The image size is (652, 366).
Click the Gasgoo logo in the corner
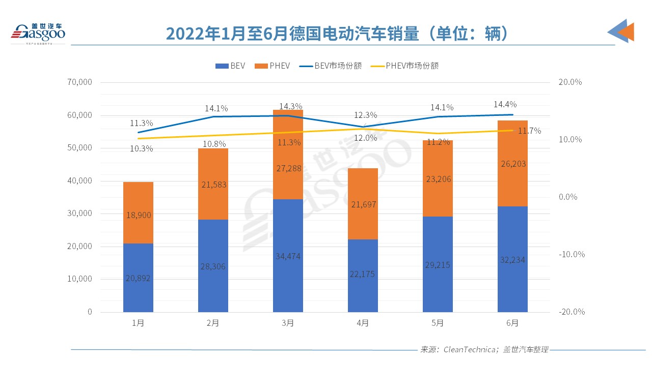38,33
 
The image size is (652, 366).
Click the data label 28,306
213,266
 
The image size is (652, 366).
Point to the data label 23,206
438,179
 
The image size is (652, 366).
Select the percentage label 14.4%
505,104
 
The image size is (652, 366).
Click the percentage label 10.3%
141,148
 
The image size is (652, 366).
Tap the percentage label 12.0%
366,138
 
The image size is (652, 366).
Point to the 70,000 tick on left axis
79,82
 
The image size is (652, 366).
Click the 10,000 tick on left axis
79,279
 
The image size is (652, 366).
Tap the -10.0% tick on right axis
572,254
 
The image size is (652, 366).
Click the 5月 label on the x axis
438,323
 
